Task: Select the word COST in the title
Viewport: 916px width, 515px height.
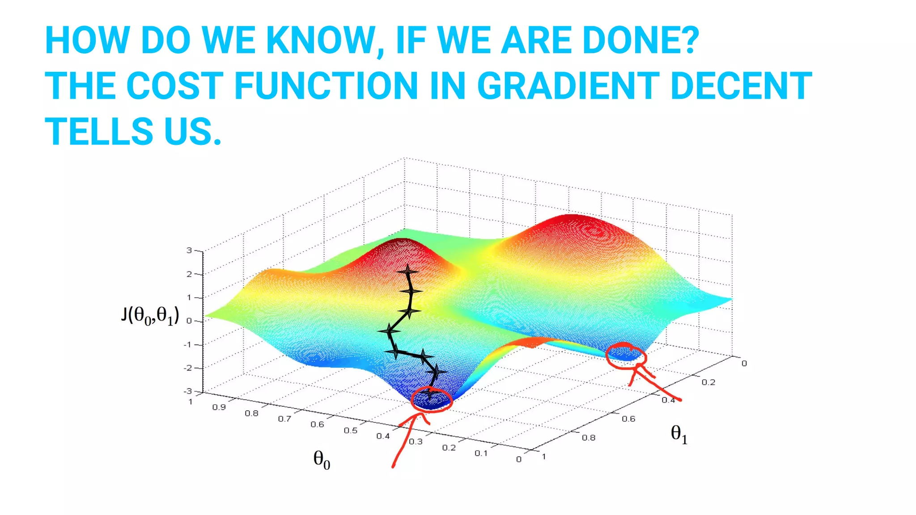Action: click(175, 86)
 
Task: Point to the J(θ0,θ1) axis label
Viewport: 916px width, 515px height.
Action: click(150, 316)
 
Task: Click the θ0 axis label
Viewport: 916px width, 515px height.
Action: click(322, 460)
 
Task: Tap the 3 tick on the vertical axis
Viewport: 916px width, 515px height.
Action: click(189, 250)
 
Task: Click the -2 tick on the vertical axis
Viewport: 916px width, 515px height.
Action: click(188, 368)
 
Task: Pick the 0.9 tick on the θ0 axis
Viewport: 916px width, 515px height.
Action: click(219, 407)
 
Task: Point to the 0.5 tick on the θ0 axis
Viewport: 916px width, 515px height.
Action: click(350, 431)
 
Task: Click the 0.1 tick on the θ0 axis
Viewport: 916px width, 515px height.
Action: click(481, 453)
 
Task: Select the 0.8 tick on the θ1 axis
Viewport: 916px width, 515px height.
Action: click(588, 438)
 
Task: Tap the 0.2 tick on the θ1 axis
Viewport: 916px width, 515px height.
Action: click(708, 382)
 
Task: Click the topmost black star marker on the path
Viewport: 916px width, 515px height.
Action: click(407, 271)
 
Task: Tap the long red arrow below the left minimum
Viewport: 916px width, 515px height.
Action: click(405, 440)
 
